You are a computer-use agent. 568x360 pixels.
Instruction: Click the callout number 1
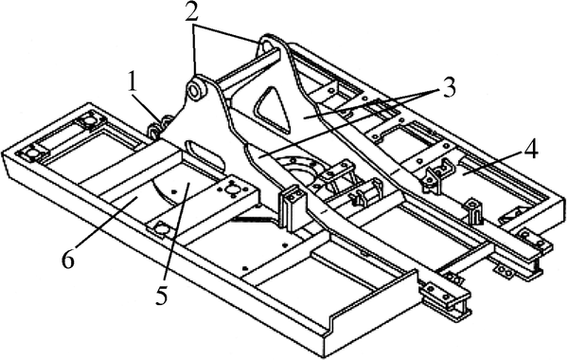[x=133, y=83]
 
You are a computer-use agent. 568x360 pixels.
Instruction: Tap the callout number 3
[x=449, y=87]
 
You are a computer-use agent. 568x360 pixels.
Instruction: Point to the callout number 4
[x=530, y=149]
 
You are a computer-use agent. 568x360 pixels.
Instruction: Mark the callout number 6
[x=68, y=260]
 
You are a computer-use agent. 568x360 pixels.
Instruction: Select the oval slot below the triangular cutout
[x=205, y=154]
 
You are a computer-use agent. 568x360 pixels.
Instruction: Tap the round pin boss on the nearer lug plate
[x=196, y=89]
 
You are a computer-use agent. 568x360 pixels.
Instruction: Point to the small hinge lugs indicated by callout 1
[x=160, y=127]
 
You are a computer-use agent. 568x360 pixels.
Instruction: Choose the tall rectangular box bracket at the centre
[x=293, y=208]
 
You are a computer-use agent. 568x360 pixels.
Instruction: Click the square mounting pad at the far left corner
[x=31, y=153]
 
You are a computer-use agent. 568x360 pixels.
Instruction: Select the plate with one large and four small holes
[x=231, y=189]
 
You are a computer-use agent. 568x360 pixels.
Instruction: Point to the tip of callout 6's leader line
[x=138, y=198]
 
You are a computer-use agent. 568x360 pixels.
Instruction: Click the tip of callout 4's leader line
[x=463, y=174]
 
